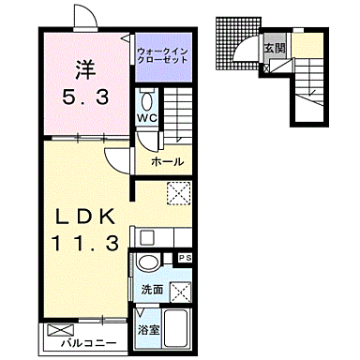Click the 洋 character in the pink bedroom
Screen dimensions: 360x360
[83, 68]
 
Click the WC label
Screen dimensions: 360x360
[148, 119]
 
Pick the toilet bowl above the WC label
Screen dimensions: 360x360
[148, 101]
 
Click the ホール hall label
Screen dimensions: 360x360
[167, 162]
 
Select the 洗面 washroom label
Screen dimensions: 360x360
[151, 289]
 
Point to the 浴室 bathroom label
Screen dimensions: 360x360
[148, 330]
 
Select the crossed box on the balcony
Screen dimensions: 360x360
[59, 331]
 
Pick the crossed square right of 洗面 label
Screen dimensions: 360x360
[182, 292]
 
